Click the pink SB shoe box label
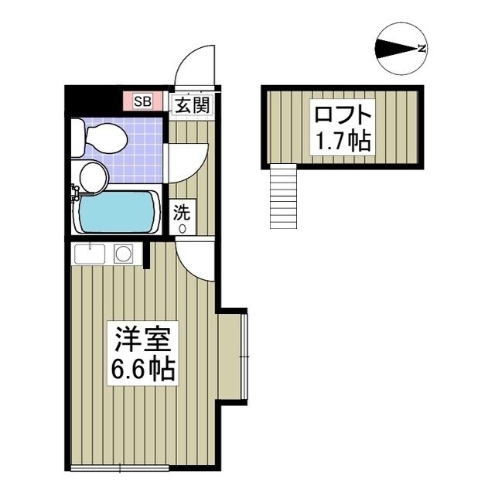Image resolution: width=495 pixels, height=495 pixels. [143, 101]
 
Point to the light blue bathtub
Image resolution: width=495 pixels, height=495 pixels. [118, 212]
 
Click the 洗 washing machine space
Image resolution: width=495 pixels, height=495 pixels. [183, 217]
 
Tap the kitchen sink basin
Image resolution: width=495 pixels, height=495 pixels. [91, 254]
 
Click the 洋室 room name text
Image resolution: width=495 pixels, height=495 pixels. [143, 338]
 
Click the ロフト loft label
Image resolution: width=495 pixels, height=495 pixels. [343, 116]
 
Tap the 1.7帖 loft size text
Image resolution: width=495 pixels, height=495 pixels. [343, 142]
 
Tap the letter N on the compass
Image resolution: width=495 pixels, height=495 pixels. [422, 49]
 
